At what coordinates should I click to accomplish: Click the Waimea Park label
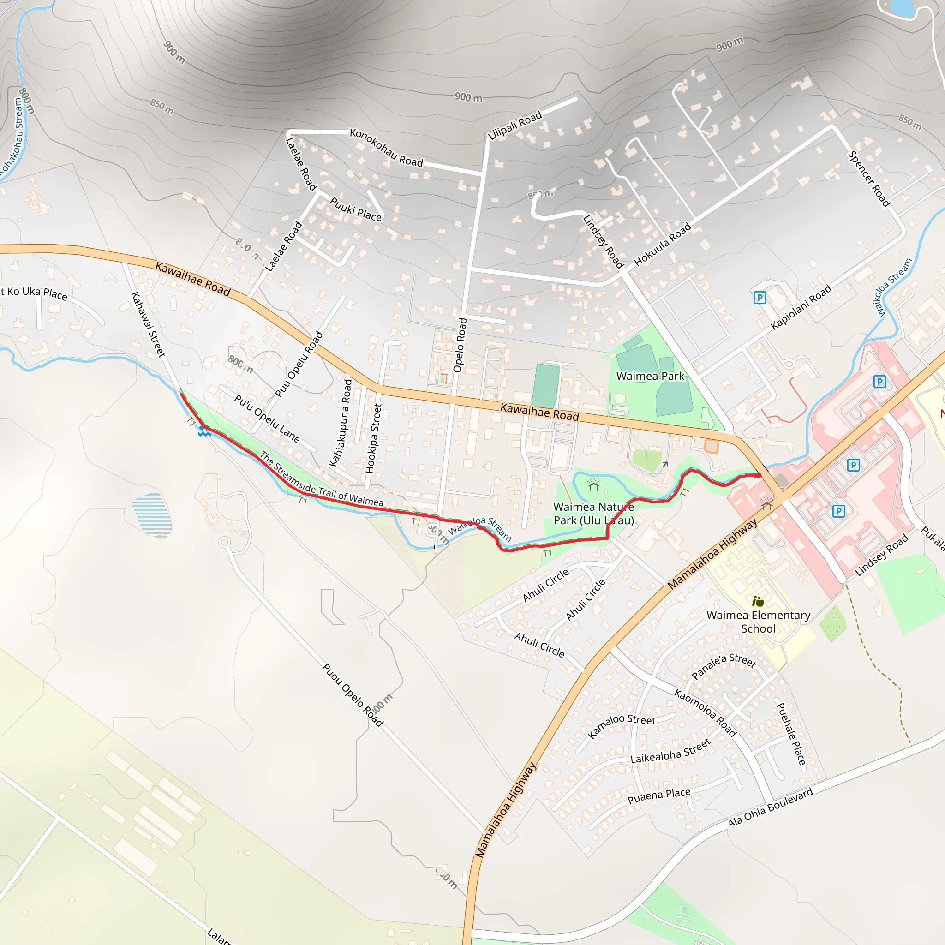(x=650, y=376)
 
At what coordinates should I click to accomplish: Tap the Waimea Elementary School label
(x=758, y=622)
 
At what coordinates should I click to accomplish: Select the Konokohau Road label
(x=386, y=148)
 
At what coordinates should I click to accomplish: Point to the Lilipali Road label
(x=515, y=125)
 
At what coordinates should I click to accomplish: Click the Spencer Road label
(x=869, y=179)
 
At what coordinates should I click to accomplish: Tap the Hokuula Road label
(x=662, y=245)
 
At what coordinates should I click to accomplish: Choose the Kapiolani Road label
(x=801, y=307)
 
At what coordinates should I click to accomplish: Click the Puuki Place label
(x=356, y=209)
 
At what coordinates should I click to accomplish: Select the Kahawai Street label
(x=148, y=324)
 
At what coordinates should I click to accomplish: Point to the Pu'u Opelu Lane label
(x=267, y=418)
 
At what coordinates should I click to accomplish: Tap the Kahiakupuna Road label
(x=341, y=423)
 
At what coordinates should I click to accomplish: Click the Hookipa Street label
(x=374, y=438)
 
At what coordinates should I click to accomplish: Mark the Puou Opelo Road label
(x=353, y=694)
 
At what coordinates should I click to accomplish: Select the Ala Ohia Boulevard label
(x=771, y=807)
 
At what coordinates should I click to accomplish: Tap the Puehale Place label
(x=791, y=734)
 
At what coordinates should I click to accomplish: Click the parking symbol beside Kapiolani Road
(x=760, y=298)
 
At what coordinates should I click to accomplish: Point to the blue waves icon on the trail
(x=204, y=432)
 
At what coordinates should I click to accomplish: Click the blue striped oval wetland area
(x=152, y=514)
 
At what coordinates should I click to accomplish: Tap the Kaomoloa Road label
(x=705, y=712)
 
